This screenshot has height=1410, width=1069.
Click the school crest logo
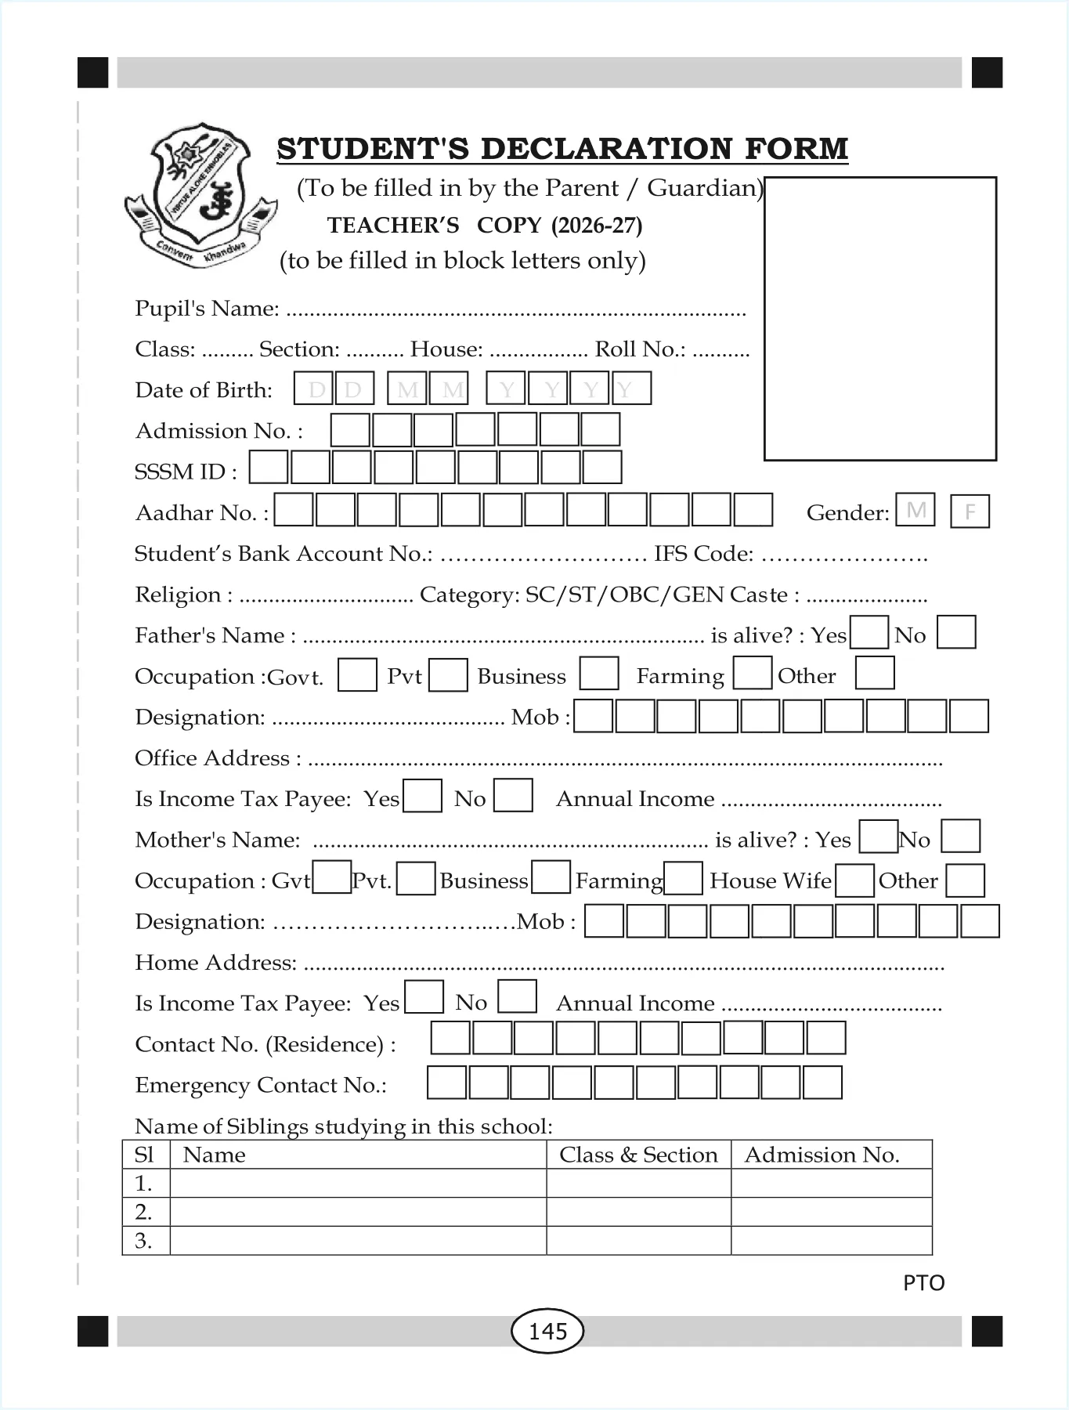point(200,194)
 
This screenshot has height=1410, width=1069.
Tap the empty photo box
point(879,318)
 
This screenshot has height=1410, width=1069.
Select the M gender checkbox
point(915,510)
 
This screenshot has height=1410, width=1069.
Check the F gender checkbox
point(970,512)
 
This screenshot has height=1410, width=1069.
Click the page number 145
point(547,1331)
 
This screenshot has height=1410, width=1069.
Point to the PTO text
point(923,1283)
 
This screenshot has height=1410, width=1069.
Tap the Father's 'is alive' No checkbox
point(955,632)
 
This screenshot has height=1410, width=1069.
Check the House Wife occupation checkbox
point(854,880)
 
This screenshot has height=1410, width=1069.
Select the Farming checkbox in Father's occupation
point(752,673)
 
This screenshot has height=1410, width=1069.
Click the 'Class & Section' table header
point(638,1155)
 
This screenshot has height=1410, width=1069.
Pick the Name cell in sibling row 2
point(358,1212)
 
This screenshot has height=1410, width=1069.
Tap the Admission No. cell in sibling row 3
point(831,1241)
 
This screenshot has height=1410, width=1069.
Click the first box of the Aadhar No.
point(294,509)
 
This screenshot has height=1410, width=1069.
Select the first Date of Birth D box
point(313,389)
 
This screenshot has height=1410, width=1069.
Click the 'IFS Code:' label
point(703,554)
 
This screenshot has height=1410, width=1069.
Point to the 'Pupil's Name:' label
point(207,309)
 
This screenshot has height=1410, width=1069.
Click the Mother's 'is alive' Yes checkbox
point(878,837)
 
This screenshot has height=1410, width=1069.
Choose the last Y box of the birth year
point(631,389)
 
